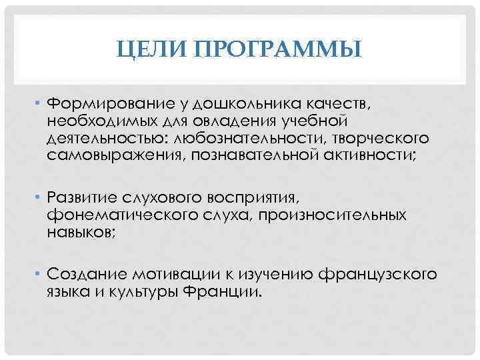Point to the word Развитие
81,198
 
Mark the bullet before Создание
39,274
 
